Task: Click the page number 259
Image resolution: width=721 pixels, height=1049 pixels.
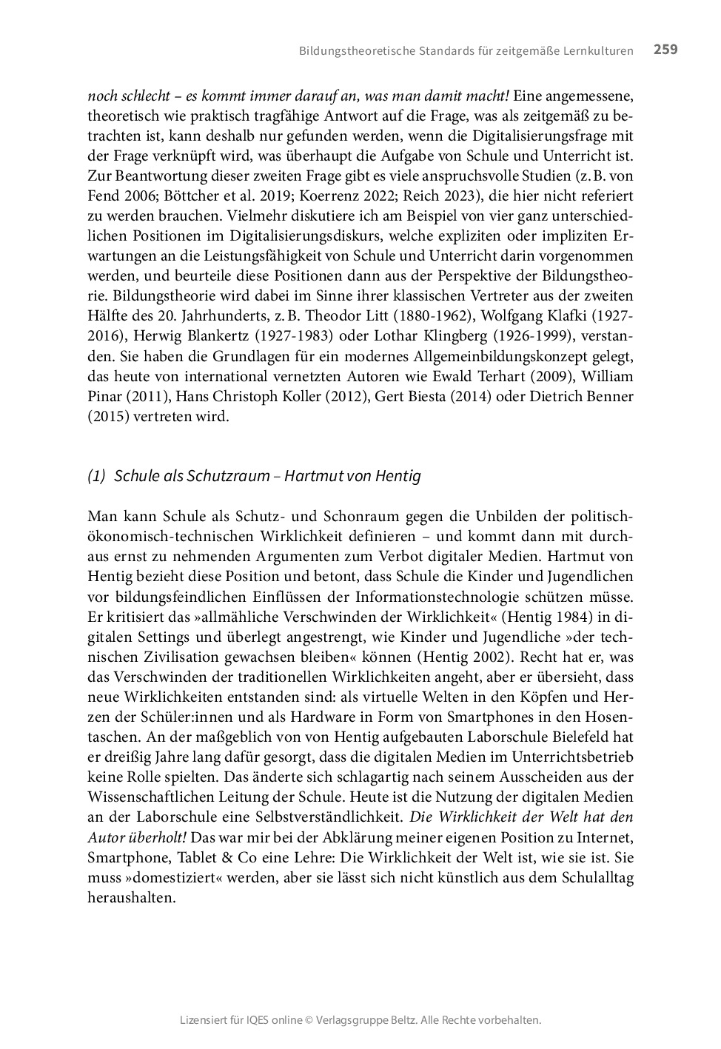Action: [665, 50]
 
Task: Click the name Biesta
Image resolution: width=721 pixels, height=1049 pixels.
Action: [429, 396]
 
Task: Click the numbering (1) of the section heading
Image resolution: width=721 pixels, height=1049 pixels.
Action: [97, 476]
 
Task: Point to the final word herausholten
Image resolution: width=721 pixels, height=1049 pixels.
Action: [132, 898]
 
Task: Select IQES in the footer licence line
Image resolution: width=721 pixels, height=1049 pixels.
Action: [260, 1020]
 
